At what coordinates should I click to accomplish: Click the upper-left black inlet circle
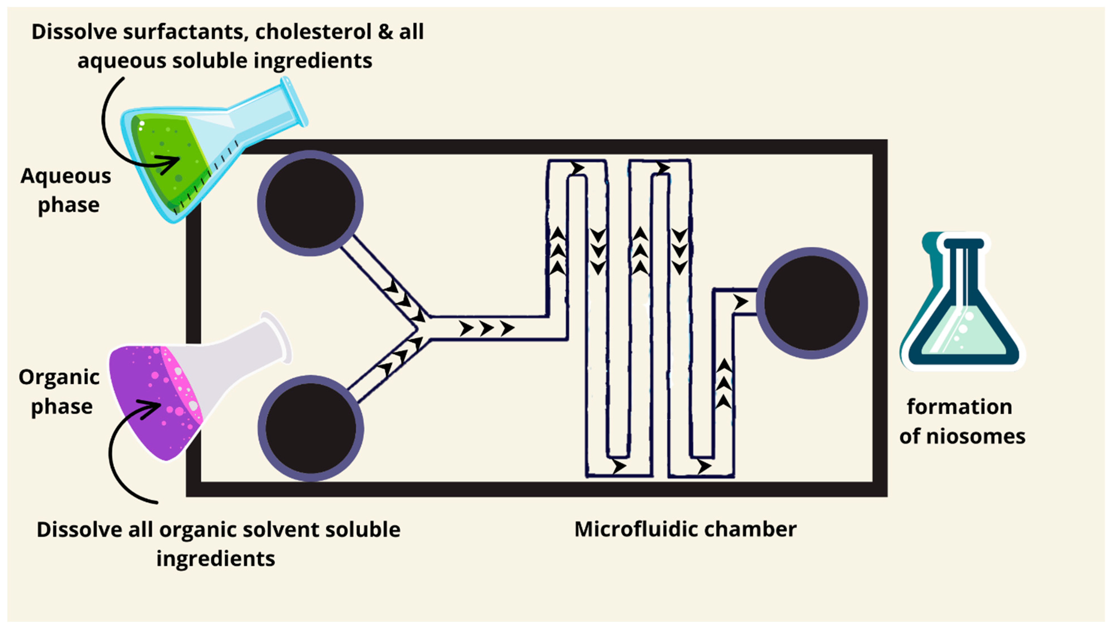[310, 203]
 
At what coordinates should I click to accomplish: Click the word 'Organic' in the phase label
[59, 377]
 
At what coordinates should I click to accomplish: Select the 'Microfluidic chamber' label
[685, 529]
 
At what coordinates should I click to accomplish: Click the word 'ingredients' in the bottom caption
[215, 559]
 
